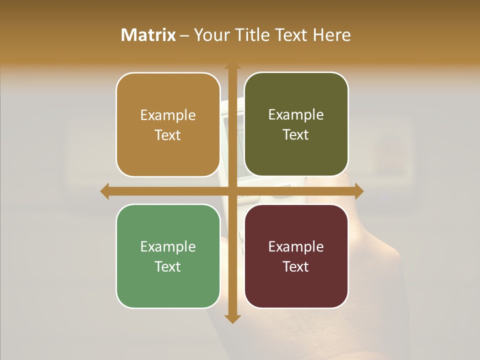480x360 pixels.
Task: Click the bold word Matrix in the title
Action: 148,35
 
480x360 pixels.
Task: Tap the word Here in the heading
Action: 331,35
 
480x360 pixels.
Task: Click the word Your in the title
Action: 210,35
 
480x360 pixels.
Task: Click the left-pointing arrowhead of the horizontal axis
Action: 104,191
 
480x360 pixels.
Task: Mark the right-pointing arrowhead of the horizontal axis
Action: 359,191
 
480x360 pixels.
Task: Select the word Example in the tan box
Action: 168,115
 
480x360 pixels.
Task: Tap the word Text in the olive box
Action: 296,135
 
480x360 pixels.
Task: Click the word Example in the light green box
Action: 168,247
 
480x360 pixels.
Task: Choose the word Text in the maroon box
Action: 296,267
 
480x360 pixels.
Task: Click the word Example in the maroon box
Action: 296,247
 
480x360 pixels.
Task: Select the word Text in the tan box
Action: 168,135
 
